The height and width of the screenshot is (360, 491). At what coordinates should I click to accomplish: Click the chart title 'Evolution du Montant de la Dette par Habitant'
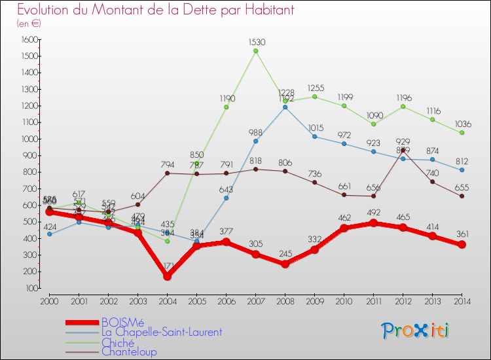coord(155,10)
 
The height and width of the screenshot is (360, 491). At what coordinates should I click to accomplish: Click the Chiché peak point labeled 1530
coord(255,51)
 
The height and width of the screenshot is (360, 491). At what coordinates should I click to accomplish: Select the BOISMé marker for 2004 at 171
coord(167,276)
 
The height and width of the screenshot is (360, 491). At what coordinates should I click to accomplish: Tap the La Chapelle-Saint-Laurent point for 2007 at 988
coord(255,141)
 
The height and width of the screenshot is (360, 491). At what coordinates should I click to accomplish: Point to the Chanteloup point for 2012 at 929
coord(403,151)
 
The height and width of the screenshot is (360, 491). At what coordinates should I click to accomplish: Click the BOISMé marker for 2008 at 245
coord(285,264)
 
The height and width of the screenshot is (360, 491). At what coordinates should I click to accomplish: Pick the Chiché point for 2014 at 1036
coord(462,133)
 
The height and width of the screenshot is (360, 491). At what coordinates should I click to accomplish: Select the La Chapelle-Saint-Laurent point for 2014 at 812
coord(462,170)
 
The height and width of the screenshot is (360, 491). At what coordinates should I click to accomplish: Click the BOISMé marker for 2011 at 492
coord(373,223)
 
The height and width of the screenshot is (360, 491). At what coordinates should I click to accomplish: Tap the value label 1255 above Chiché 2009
coord(314,88)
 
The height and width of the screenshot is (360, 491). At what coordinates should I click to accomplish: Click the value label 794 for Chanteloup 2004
coord(167,164)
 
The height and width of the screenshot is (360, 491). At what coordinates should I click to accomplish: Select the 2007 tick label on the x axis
coord(255,300)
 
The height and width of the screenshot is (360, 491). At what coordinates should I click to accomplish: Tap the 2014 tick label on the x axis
coord(462,300)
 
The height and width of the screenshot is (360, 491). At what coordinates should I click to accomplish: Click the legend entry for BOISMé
coord(123,322)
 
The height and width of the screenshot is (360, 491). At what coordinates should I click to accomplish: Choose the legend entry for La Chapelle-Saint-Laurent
coord(161,332)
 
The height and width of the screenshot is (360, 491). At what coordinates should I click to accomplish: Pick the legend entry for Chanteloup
coord(129,351)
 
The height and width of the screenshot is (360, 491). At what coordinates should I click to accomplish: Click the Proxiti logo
coord(416,331)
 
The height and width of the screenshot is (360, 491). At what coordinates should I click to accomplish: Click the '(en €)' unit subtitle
coord(29,24)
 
